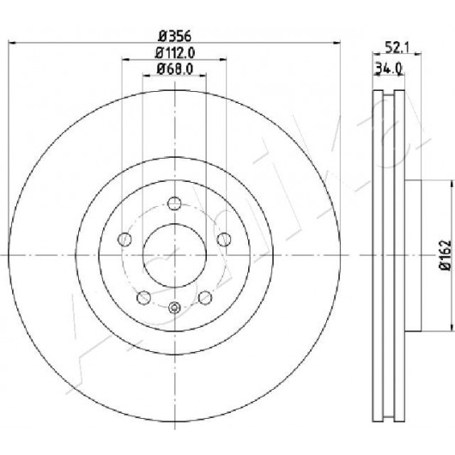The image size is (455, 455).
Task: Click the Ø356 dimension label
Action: pyautogui.click(x=174, y=37)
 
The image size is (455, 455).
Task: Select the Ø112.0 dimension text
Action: pyautogui.click(x=174, y=53)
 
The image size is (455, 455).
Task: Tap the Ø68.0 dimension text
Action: pyautogui.click(x=174, y=69)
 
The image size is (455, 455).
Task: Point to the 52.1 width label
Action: pyautogui.click(x=397, y=47)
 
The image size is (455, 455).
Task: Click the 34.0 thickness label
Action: pyautogui.click(x=389, y=69)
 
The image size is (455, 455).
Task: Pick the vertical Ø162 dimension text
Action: pyautogui.click(x=446, y=255)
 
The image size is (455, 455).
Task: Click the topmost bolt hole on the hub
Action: pyautogui.click(x=174, y=203)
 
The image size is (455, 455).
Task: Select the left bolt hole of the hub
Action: pyautogui.click(x=124, y=240)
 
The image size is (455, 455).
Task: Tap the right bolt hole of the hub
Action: pyautogui.click(x=224, y=240)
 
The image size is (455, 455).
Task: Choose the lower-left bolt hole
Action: pyautogui.click(x=143, y=298)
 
